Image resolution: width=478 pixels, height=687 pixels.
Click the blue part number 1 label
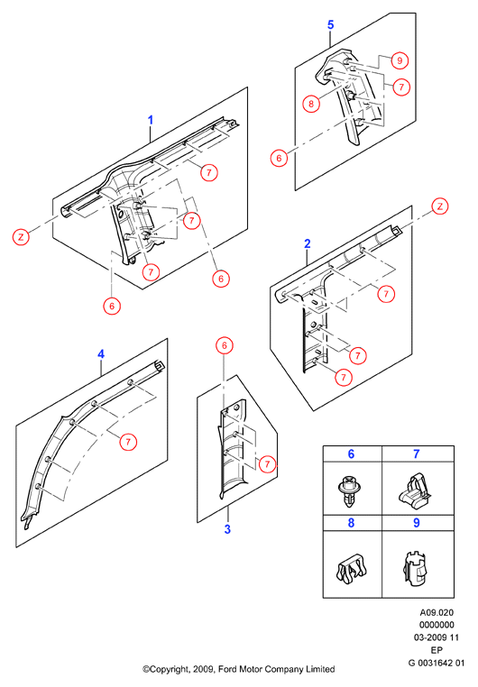[x=151, y=120]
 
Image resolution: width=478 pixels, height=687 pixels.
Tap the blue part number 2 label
[x=308, y=244]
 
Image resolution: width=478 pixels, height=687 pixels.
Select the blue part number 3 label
[x=227, y=529]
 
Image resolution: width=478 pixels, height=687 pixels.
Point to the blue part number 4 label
[x=101, y=354]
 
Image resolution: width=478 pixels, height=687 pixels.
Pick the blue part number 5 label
[x=331, y=25]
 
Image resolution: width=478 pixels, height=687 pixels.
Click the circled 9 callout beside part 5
[x=400, y=60]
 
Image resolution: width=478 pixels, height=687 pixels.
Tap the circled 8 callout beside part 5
[x=311, y=104]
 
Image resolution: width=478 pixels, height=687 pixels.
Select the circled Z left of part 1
[x=21, y=237]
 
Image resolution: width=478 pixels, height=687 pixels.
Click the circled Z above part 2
[x=440, y=206]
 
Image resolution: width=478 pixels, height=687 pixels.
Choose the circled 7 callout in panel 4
[x=128, y=441]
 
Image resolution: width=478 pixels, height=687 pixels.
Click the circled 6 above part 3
[x=225, y=345]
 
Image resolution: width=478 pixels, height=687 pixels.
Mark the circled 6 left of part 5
[x=279, y=158]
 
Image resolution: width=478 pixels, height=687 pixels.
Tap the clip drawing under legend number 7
[x=415, y=490]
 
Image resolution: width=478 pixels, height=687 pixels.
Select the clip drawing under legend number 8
[x=351, y=570]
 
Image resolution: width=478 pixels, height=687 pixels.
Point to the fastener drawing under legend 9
[x=415, y=569]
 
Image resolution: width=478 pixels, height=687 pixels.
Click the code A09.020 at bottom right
[x=437, y=612]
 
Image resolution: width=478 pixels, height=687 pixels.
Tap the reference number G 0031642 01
[x=437, y=663]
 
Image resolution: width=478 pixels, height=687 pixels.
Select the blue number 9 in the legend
[x=417, y=523]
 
